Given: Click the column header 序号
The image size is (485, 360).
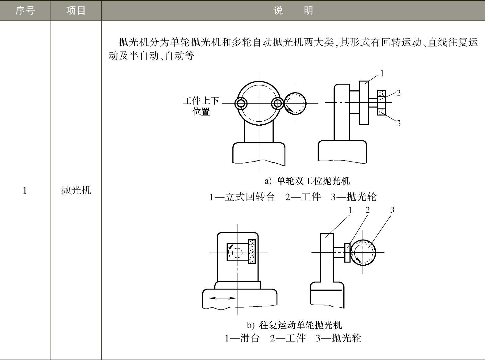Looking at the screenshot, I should [x=25, y=11].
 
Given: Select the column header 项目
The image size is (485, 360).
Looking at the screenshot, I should [x=76, y=11].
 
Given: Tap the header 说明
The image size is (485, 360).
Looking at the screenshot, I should [x=293, y=11].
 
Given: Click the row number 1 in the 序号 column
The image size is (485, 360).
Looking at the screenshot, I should [x=25, y=191].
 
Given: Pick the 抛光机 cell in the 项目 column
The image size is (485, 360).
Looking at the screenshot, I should [x=76, y=190].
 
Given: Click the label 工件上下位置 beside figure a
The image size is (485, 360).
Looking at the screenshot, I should [x=201, y=106].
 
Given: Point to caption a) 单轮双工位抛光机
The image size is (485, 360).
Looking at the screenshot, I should [x=307, y=181].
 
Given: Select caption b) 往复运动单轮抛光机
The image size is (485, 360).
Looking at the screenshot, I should [x=295, y=325].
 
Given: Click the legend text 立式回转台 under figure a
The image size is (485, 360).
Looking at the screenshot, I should [x=250, y=197].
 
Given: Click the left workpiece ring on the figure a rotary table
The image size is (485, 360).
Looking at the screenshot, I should [x=241, y=104].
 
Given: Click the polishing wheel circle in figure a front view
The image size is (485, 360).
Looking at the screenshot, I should [x=295, y=103].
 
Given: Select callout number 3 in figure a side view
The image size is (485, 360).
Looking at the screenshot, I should [x=399, y=123].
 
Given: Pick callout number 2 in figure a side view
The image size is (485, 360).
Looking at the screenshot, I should [x=398, y=93].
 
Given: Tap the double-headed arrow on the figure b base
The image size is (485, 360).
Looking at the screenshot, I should [x=222, y=298].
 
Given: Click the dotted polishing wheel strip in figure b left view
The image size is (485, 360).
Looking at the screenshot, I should [x=252, y=252].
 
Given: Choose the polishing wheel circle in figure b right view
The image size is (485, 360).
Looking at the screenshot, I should [x=363, y=252].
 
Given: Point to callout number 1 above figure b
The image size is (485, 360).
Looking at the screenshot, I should [x=351, y=210].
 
